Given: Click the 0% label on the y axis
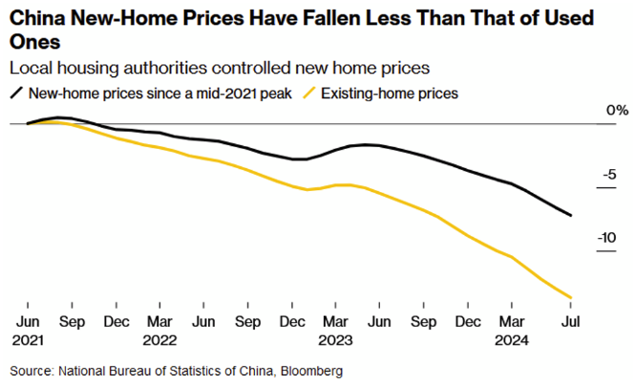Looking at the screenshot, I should point(617,112).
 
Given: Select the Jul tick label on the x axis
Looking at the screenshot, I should point(570,321).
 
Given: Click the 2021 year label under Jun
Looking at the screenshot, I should point(28,339).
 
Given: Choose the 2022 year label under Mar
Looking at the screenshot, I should point(160,339).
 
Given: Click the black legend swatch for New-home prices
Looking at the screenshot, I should point(16,94).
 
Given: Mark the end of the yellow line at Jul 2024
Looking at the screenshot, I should point(571,298).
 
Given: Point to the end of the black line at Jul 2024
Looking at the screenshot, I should point(571,216).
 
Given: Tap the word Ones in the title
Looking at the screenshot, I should point(32,43).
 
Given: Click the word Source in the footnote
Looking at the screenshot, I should point(32,370).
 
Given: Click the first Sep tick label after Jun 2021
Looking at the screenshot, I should point(72,321).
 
